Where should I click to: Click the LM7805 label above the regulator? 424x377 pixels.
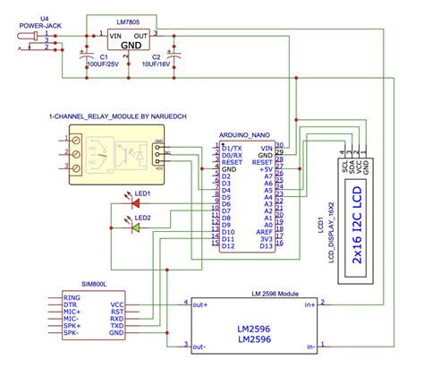point(128,20)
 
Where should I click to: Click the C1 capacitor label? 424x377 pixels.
point(103,56)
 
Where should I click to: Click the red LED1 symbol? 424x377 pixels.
point(135,202)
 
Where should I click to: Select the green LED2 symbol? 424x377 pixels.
point(135,227)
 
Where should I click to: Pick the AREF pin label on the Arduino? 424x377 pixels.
point(264,230)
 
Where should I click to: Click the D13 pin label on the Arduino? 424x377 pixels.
point(266,245)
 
